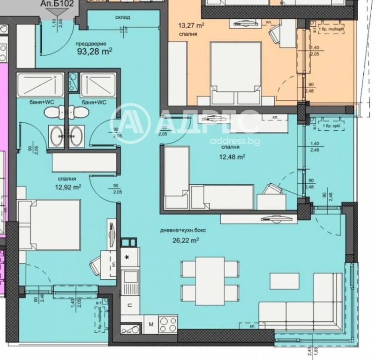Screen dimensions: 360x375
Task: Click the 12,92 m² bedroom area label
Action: point(67,187)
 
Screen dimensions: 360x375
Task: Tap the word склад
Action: point(122,17)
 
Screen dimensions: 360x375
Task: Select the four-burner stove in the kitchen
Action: point(168,323)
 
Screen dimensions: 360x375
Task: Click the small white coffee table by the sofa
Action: point(284,280)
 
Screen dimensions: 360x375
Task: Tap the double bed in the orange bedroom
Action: point(235,73)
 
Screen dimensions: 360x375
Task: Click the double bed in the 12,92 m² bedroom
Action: point(50,224)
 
